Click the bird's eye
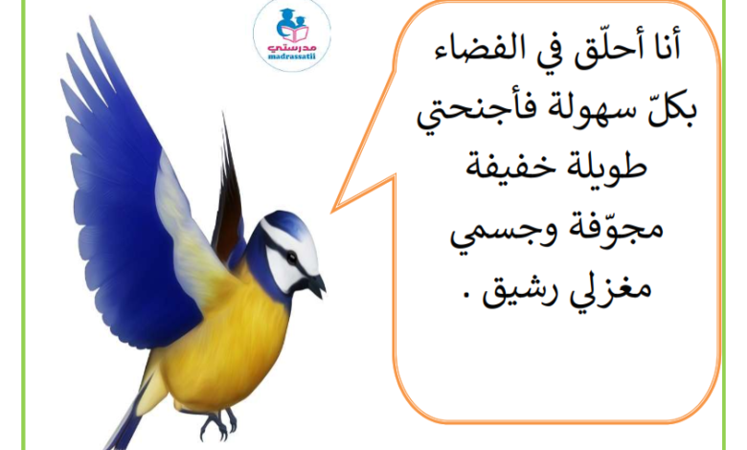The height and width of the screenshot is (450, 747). (291, 258)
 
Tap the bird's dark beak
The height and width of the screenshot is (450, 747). (316, 285)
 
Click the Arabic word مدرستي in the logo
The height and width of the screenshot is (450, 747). (292, 48)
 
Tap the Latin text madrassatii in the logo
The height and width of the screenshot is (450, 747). (292, 56)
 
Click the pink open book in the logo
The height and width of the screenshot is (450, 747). (295, 34)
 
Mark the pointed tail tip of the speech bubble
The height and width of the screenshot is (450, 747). (333, 210)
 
